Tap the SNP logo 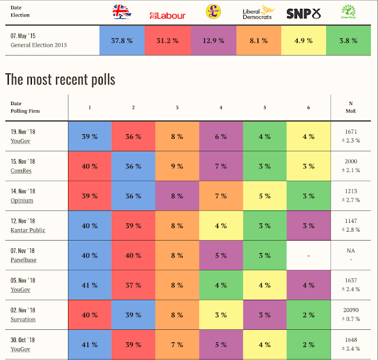[303, 13]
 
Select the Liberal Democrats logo [258, 13]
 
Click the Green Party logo [348, 12]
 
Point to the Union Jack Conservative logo [122, 12]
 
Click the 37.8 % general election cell [122, 40]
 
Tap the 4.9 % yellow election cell [303, 40]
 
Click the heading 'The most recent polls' [60, 79]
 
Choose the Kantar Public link [28, 230]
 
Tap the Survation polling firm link [23, 319]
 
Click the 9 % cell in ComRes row [177, 166]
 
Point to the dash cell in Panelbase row [308, 255]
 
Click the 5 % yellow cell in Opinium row [265, 196]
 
